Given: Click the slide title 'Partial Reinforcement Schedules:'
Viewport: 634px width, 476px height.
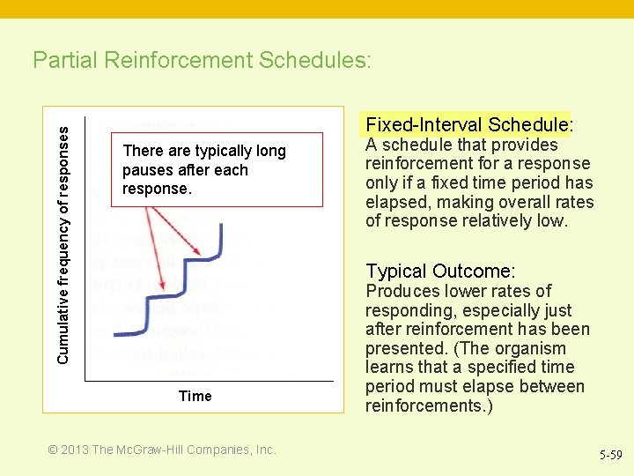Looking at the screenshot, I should coord(202,60).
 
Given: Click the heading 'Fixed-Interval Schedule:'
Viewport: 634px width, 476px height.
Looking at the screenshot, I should coord(469,124).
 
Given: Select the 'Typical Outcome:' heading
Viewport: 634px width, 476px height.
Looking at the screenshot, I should coord(440,271).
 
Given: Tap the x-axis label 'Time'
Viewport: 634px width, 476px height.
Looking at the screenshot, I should coord(195,396).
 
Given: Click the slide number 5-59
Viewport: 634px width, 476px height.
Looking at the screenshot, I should coord(610,456).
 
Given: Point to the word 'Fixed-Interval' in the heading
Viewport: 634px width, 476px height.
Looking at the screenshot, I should coord(424,124).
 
